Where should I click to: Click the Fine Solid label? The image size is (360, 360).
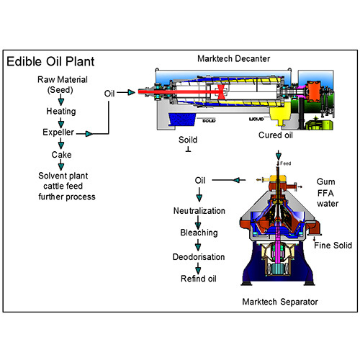pos(333,246)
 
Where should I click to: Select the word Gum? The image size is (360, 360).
pos(325,182)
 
